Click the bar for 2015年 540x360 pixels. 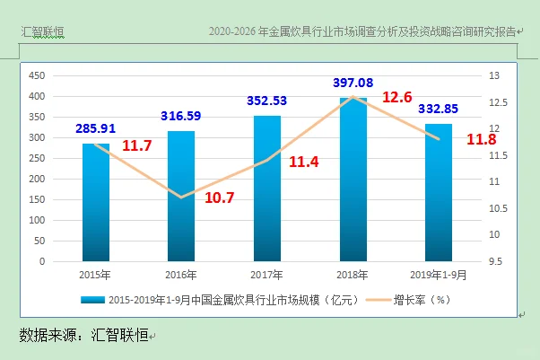(96, 203)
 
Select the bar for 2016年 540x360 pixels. (180, 197)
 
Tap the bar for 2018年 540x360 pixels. (353, 180)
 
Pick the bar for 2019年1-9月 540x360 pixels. (438, 193)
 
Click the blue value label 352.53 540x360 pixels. (267, 101)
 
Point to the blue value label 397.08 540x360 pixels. (352, 83)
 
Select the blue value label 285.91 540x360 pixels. (96, 129)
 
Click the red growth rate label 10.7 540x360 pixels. (219, 198)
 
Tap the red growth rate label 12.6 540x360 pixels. (396, 97)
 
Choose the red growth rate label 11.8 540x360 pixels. (482, 139)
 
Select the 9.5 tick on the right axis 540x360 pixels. (495, 262)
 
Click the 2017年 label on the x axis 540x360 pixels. (267, 276)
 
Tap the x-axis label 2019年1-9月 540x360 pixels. (438, 276)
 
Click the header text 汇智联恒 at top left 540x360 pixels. (43, 33)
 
